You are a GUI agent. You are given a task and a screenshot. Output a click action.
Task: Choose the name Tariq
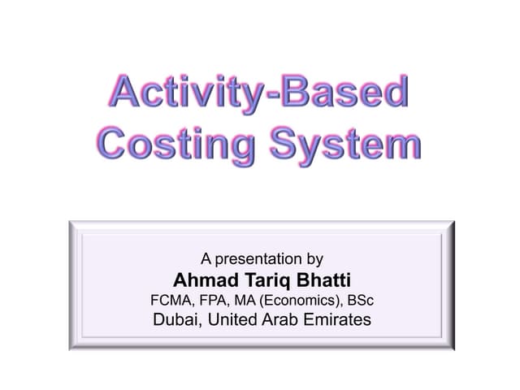click(x=264, y=279)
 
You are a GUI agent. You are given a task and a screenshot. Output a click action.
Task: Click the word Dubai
click(x=175, y=320)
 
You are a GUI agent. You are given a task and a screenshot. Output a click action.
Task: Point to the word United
click(x=236, y=320)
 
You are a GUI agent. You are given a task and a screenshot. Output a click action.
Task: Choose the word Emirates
click(x=341, y=320)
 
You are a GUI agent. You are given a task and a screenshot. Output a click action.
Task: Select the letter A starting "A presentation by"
click(x=206, y=260)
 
